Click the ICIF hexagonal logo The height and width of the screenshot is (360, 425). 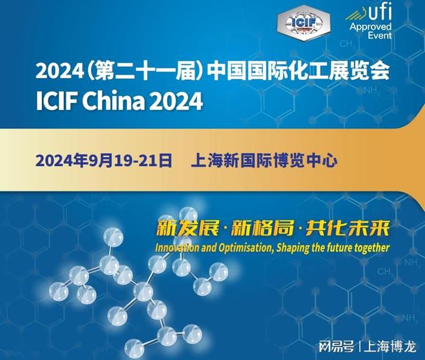pos(303,23)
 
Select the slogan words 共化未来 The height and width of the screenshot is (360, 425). pos(348,228)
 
